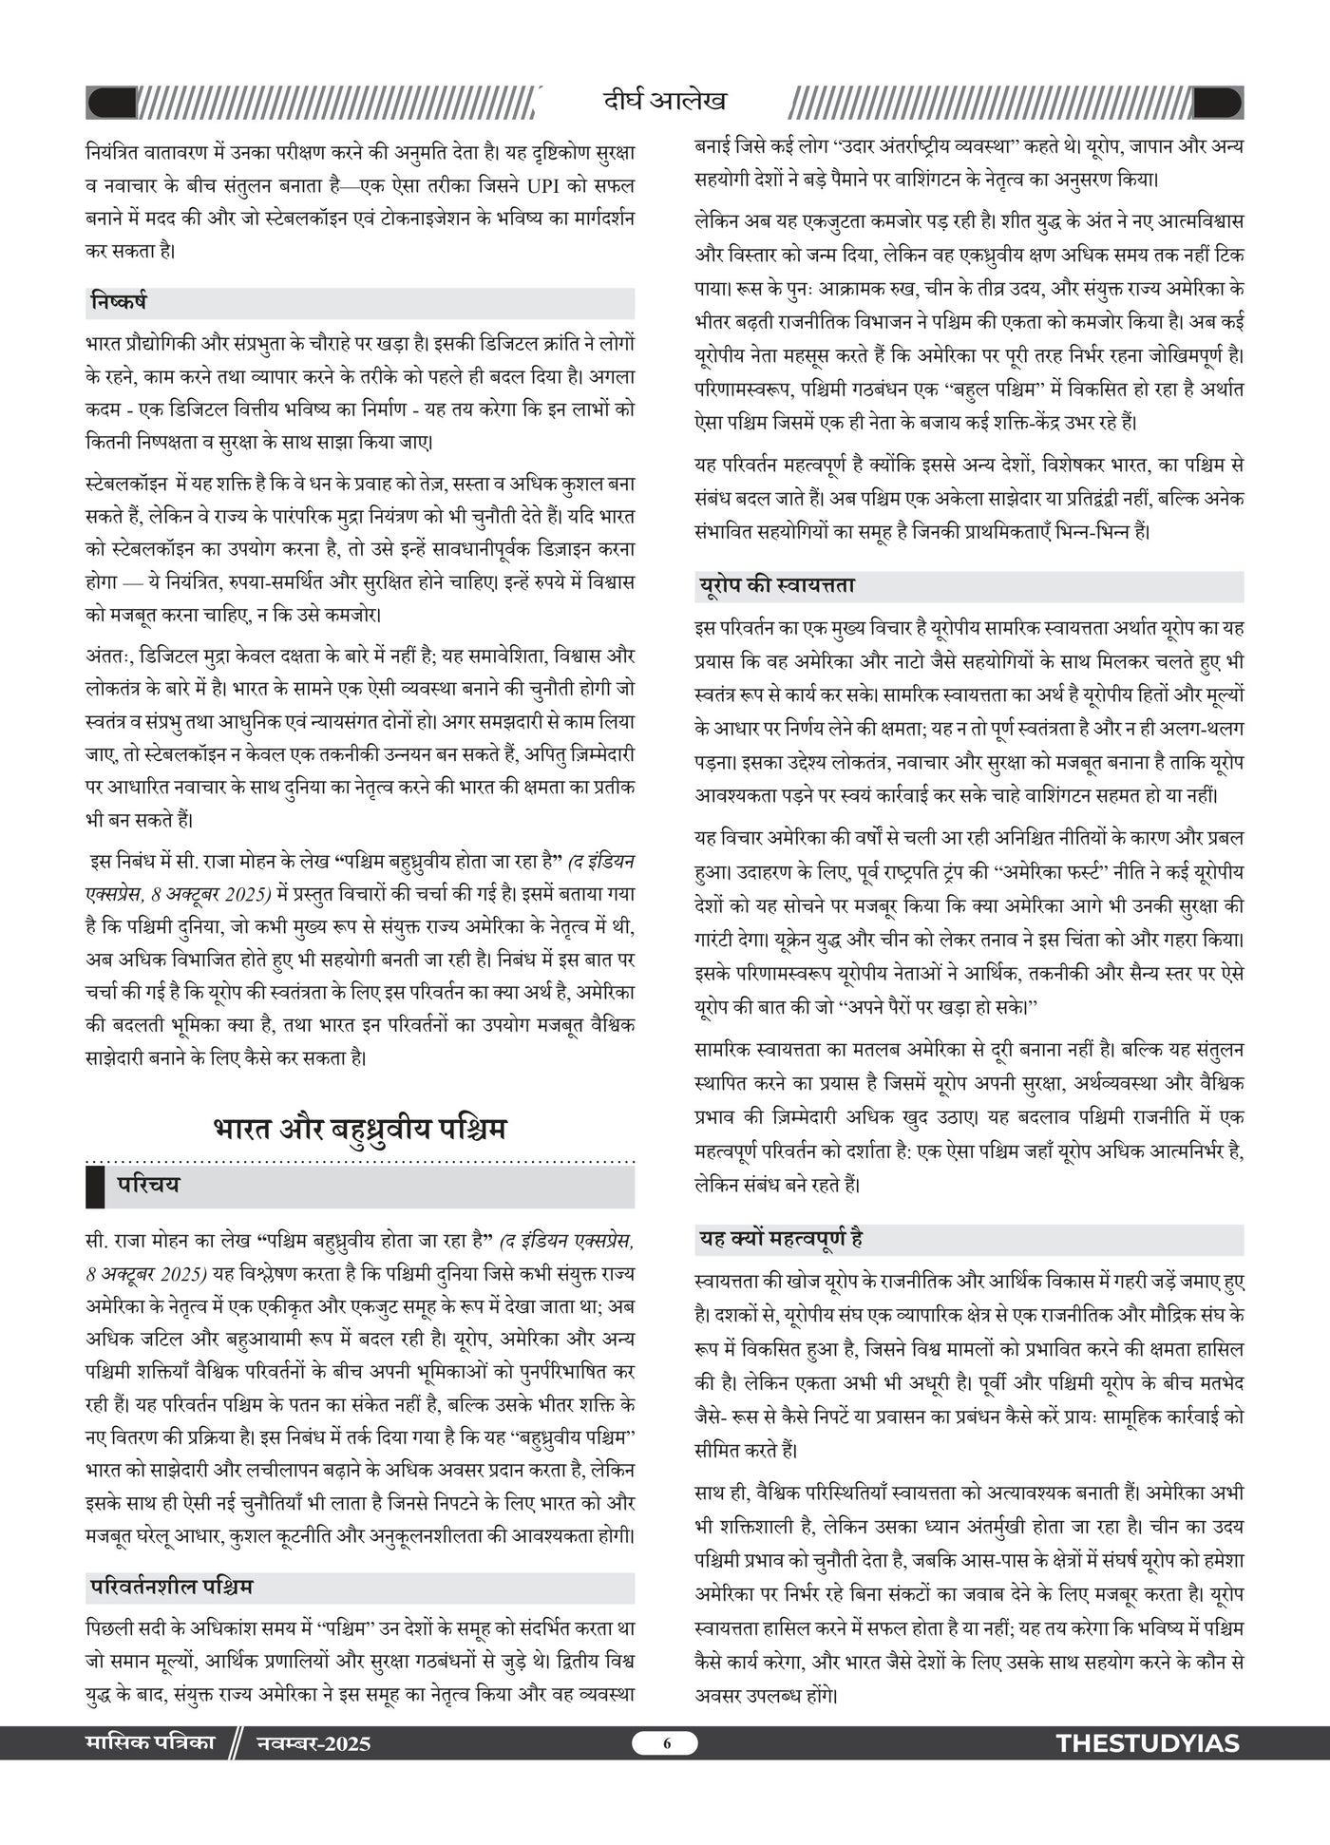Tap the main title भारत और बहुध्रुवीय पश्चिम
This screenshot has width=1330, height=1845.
(360, 1129)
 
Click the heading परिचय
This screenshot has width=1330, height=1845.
(148, 1186)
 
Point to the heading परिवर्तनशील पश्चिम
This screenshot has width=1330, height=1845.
(172, 1587)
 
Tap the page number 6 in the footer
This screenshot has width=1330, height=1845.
(666, 1743)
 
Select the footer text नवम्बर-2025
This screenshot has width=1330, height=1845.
(313, 1743)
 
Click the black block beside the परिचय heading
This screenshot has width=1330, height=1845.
(95, 1186)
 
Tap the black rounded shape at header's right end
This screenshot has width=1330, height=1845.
(1217, 102)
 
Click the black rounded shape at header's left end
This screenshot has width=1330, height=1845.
(111, 102)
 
